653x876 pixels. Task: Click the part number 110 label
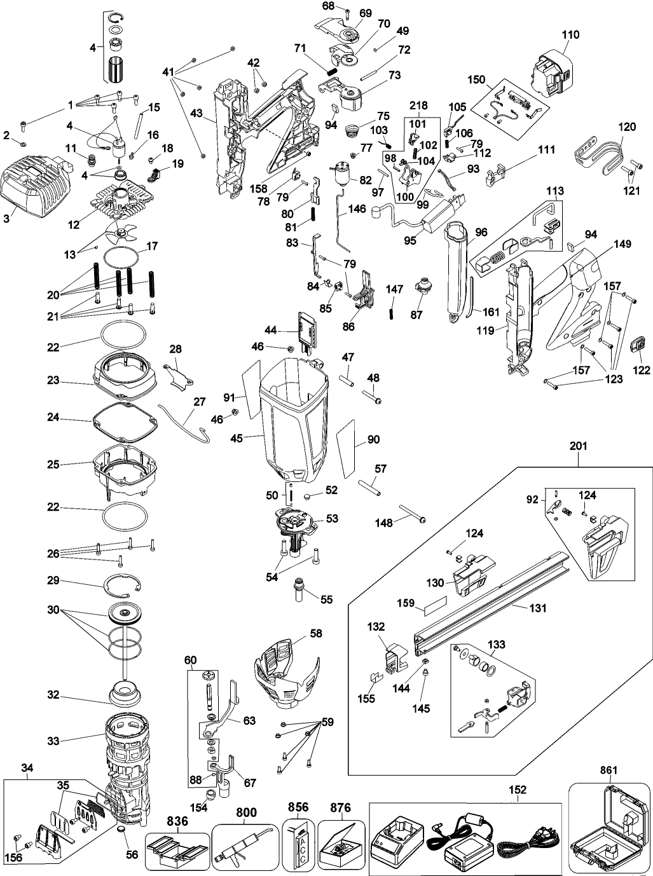tap(570, 35)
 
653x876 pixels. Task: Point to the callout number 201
tap(578, 447)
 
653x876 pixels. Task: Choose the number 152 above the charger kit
tap(518, 790)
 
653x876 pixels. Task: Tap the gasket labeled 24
tap(125, 423)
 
